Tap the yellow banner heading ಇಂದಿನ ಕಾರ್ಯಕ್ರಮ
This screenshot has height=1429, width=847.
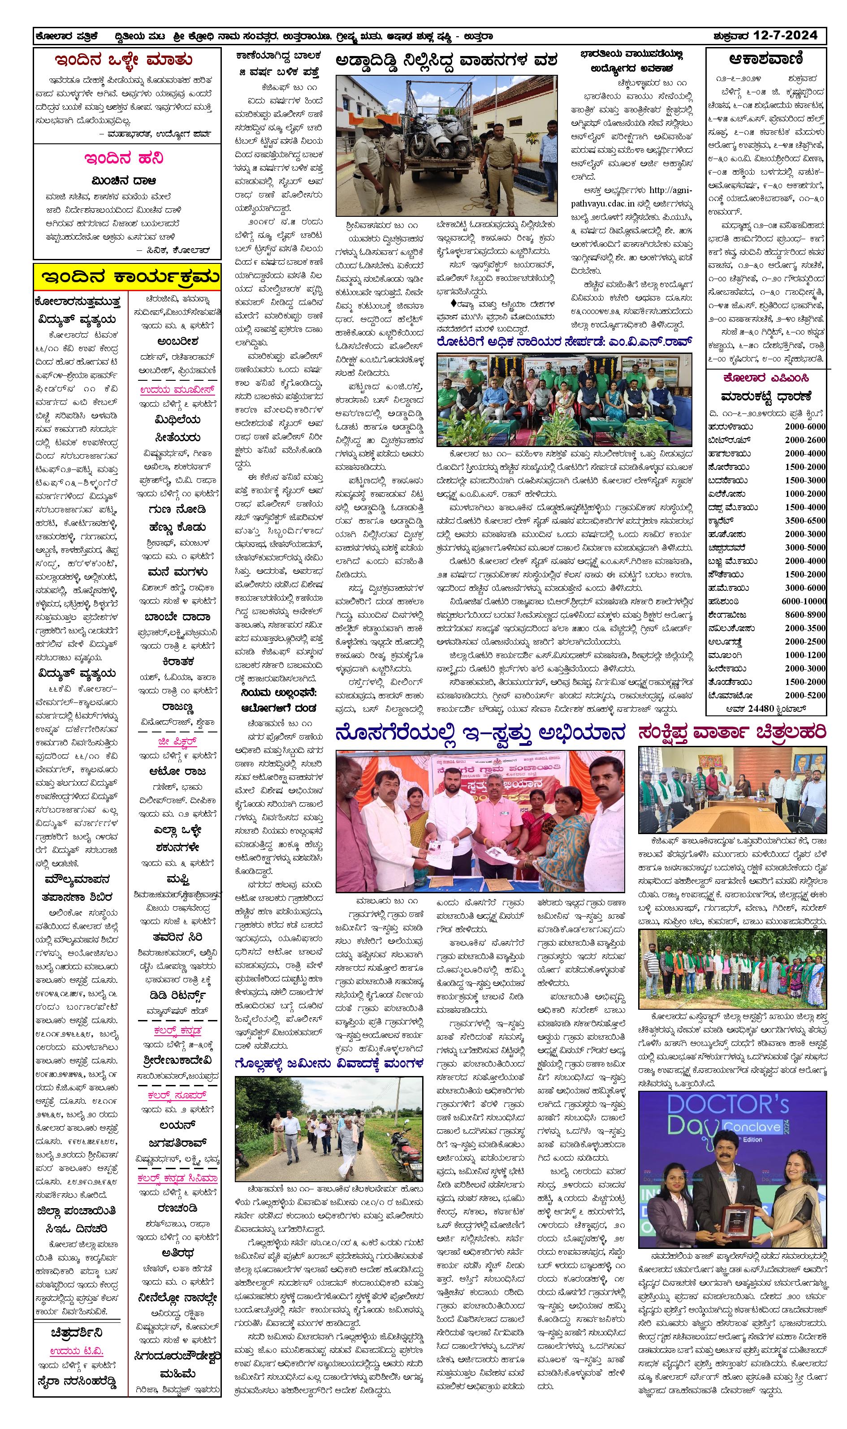tap(127, 278)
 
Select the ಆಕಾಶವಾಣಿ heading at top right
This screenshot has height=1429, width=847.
tap(766, 58)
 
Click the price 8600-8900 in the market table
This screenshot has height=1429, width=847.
tap(804, 615)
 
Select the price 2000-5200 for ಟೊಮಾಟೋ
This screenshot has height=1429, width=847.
tap(804, 695)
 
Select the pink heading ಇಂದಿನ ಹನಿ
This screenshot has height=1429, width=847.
tap(123, 157)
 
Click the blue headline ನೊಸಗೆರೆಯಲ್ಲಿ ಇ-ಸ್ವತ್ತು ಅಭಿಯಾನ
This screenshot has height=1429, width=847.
tap(480, 732)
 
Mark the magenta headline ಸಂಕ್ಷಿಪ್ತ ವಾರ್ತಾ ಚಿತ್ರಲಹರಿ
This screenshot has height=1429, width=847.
tap(732, 732)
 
